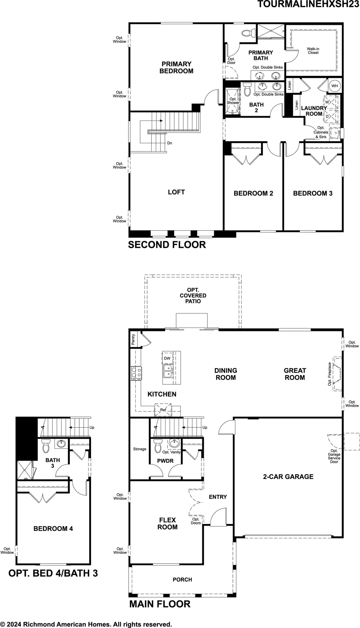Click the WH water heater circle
coord(335,86)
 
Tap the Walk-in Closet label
coord(313,51)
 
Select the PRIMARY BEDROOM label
coord(176,68)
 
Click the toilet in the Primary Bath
coord(248,33)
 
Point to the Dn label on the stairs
coord(170,143)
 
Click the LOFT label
coord(176,192)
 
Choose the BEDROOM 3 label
coord(313,193)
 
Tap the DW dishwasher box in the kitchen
coord(167,358)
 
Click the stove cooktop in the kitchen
coord(136,373)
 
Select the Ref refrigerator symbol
coord(163,409)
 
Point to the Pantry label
coord(133,339)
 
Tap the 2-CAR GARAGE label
coord(288,477)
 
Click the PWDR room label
coord(165,461)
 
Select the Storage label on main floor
coord(140,449)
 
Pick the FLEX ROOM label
coord(167,523)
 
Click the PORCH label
coord(182,579)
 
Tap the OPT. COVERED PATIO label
coord(193,296)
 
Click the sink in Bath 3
coord(61,443)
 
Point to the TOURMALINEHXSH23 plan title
coord(308,4)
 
